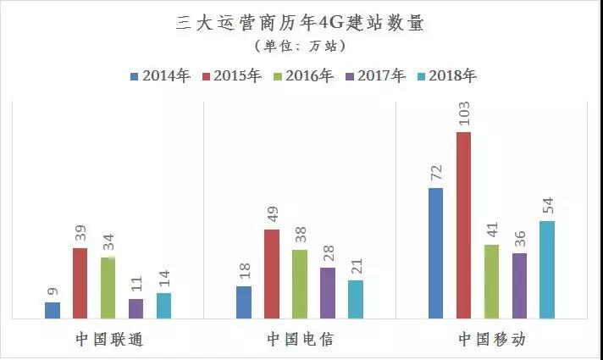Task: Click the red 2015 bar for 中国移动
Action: click(x=463, y=225)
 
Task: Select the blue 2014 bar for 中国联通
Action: click(x=53, y=310)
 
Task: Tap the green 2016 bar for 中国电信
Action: click(x=300, y=284)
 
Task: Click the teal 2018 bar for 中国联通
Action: click(x=163, y=305)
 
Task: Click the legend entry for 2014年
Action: click(x=160, y=76)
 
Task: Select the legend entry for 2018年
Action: click(x=445, y=76)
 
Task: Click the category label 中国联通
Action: click(x=108, y=340)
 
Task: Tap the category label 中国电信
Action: click(x=300, y=340)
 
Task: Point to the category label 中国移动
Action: click(x=492, y=340)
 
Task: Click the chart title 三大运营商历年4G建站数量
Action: click(x=301, y=23)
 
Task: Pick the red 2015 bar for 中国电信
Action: click(x=272, y=274)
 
